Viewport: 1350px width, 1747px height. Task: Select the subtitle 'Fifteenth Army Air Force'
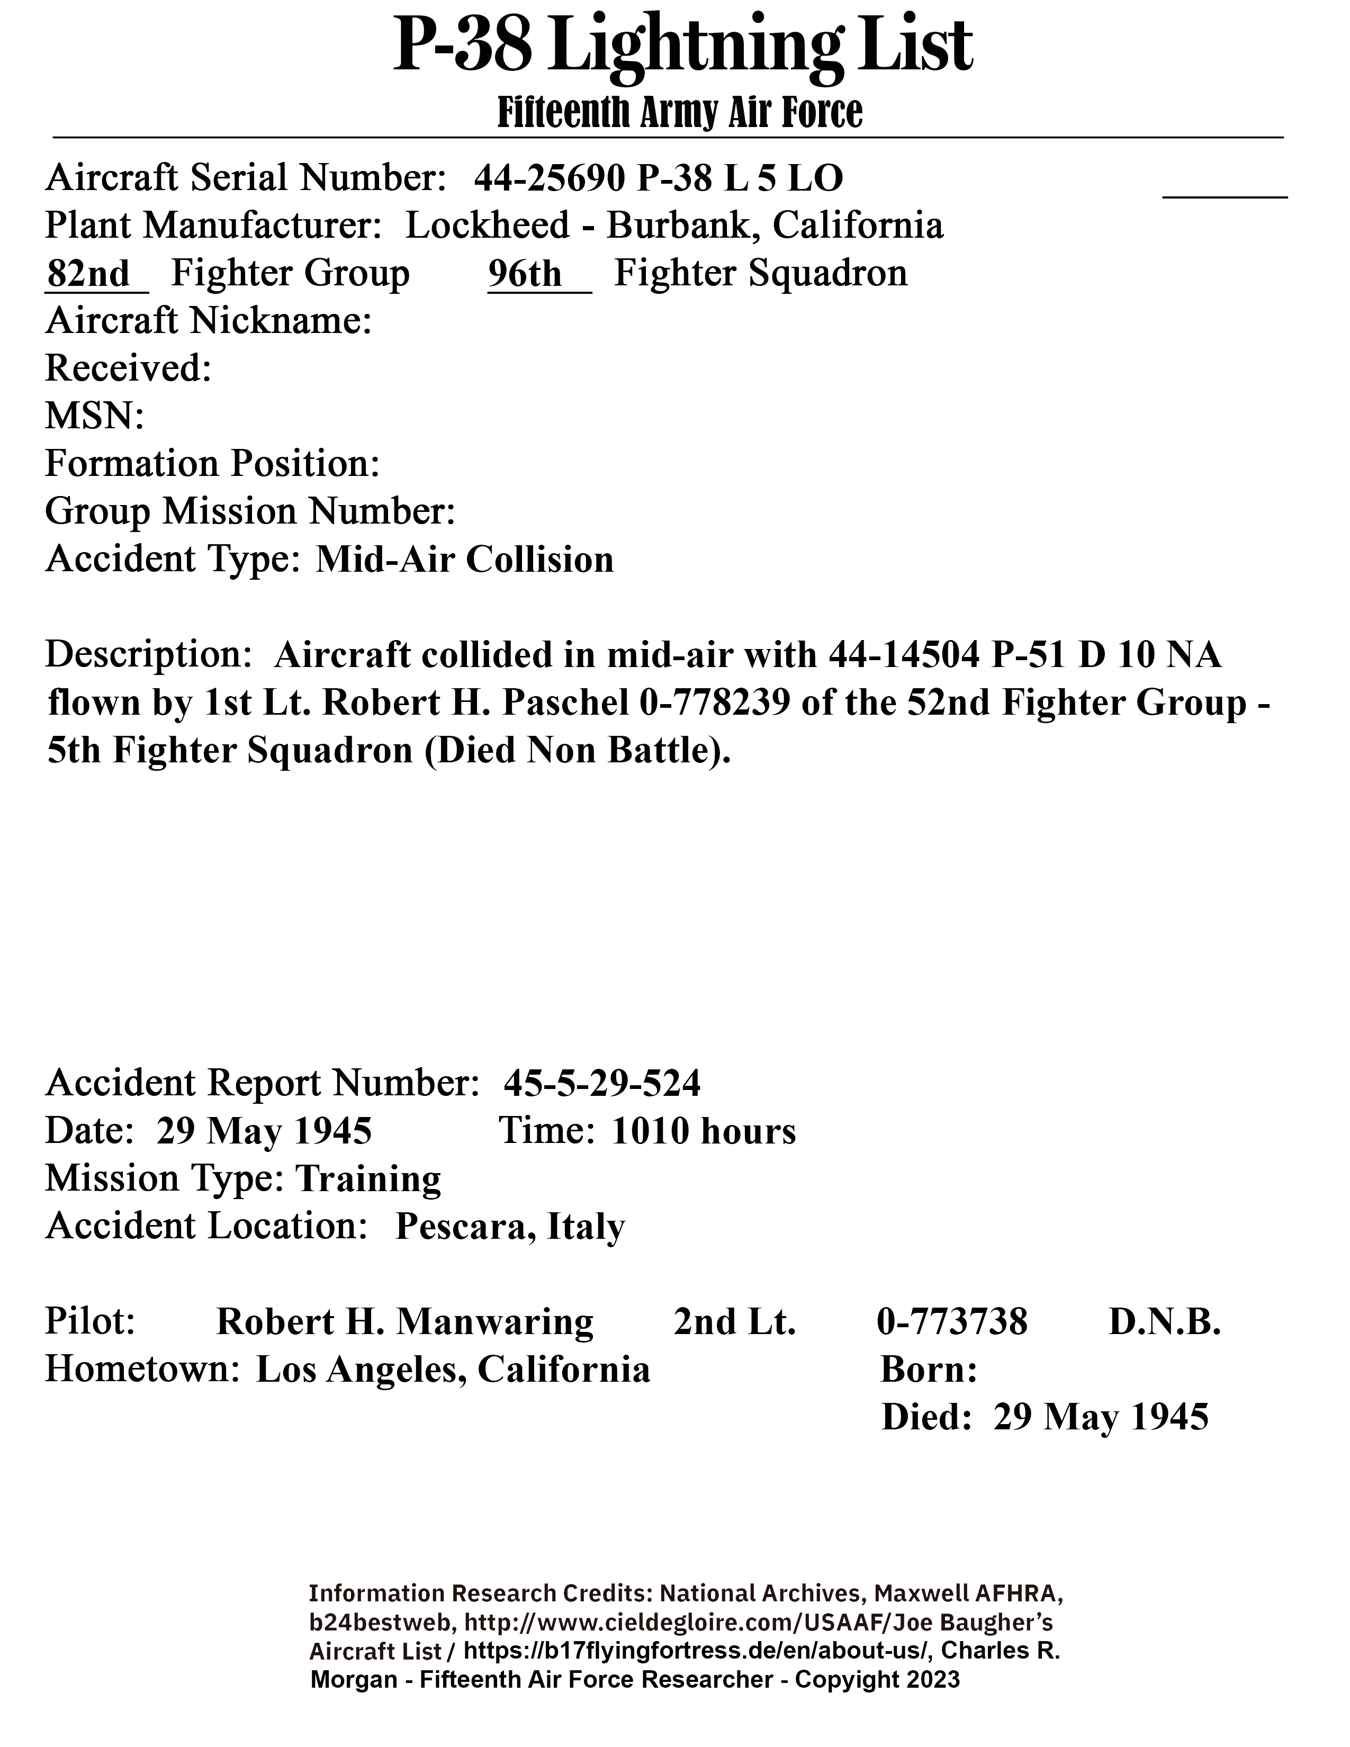coord(680,112)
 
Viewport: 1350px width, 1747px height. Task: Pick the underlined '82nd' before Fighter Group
coord(88,274)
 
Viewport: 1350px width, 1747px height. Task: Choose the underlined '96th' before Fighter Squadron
coord(526,274)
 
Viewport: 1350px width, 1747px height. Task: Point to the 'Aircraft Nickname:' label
coord(209,321)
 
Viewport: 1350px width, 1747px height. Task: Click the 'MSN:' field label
coord(94,416)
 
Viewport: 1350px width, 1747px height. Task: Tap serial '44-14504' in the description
coord(904,655)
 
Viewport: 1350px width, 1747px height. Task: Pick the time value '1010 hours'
coord(704,1131)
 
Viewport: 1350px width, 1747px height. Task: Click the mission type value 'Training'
coord(368,1178)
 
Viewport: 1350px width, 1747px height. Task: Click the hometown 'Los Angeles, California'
coord(453,1370)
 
